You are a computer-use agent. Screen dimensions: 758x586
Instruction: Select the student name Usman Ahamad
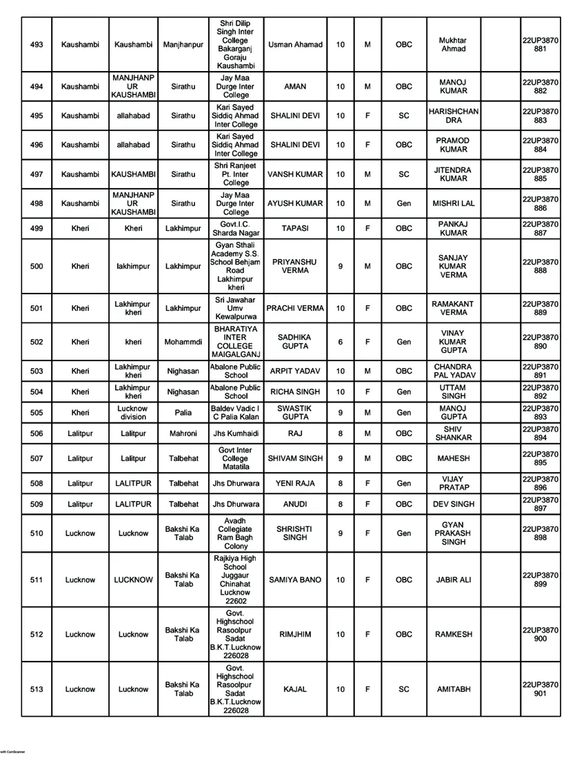pos(294,45)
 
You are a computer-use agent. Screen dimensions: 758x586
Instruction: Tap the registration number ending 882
pos(540,86)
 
